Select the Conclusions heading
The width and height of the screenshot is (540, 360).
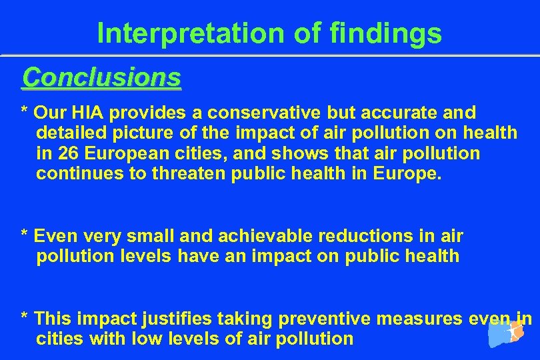pyautogui.click(x=101, y=78)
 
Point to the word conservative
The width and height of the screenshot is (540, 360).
pyautogui.click(x=256, y=112)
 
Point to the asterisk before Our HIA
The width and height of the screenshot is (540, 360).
pyautogui.click(x=25, y=111)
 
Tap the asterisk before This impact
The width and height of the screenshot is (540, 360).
pyautogui.click(x=25, y=317)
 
